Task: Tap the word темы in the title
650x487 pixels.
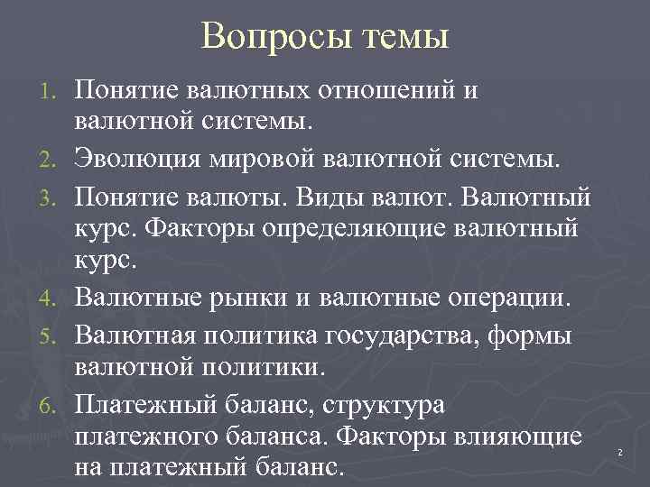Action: click(x=405, y=39)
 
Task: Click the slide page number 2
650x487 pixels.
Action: click(x=620, y=451)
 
